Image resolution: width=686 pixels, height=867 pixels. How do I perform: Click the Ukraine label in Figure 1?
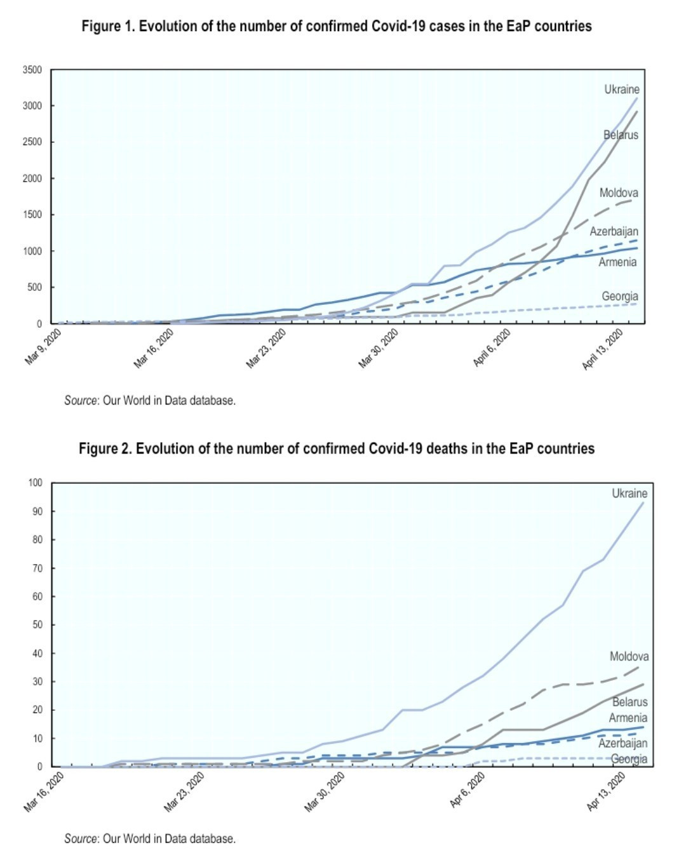(x=621, y=90)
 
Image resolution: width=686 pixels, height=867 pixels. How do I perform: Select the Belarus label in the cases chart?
(x=621, y=135)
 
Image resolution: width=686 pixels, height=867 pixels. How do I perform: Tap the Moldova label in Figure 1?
(x=619, y=192)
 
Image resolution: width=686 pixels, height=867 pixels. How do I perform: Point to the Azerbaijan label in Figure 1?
(x=614, y=231)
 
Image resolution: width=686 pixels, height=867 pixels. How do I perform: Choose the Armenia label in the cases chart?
(x=617, y=262)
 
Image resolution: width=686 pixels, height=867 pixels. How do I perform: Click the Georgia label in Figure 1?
(x=620, y=296)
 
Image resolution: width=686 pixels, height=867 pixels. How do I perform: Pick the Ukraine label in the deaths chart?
(x=629, y=493)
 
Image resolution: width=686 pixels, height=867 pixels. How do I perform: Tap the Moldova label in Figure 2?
(x=629, y=656)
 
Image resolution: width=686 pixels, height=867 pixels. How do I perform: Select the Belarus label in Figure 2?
(x=629, y=702)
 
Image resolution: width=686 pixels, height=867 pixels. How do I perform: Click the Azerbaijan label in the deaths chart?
(x=622, y=743)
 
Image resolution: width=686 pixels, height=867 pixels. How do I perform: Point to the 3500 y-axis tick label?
(x=33, y=70)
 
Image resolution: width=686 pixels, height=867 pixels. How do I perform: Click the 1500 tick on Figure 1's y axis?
(x=33, y=215)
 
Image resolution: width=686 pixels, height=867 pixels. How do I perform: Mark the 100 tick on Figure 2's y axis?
(x=36, y=483)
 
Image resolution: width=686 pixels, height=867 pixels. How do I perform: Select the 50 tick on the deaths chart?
(x=37, y=624)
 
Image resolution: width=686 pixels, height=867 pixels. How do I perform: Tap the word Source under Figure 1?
(x=81, y=400)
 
